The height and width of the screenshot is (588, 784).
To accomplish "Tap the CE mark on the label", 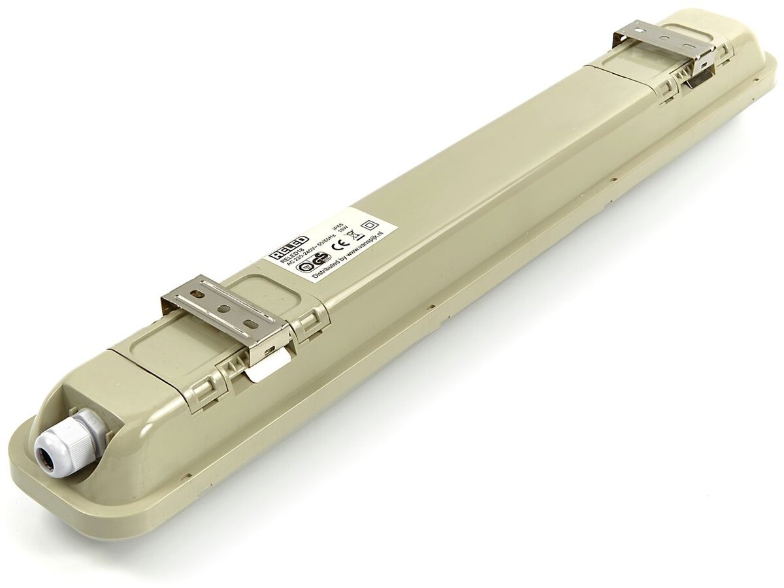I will pos(338,246).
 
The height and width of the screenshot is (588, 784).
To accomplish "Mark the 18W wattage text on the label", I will pos(344,234).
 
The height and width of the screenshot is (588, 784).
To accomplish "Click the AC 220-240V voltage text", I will pos(299,257).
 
